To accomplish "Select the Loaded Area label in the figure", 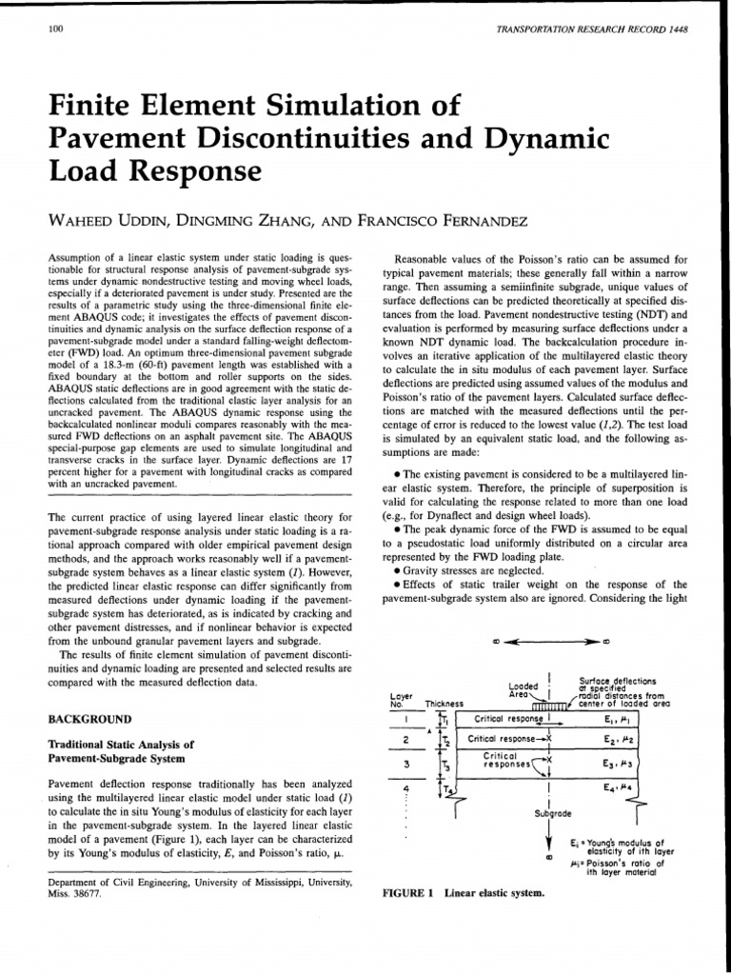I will [x=524, y=690].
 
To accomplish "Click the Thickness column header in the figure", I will [x=444, y=704].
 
